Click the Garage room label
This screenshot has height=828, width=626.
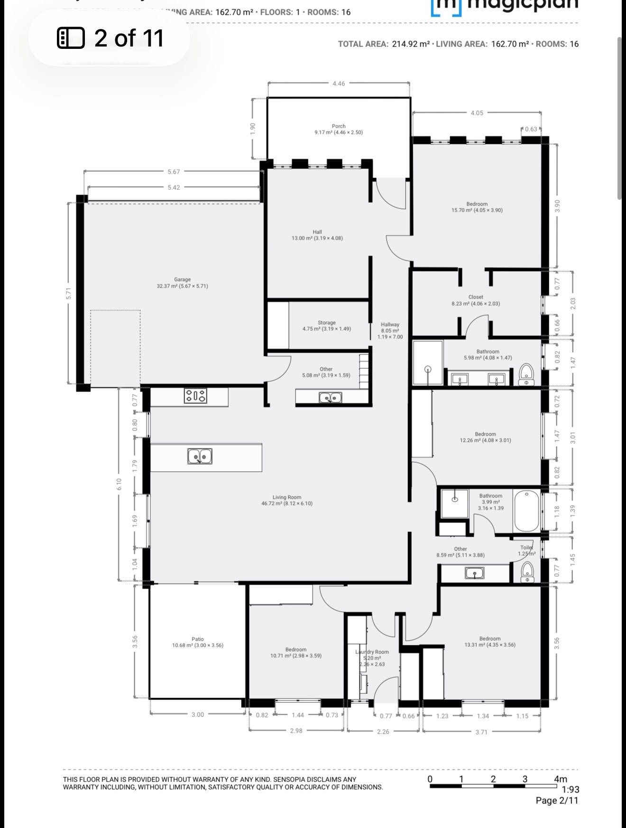click(182, 280)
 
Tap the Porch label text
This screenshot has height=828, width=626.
click(339, 126)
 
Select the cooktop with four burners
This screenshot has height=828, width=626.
click(195, 396)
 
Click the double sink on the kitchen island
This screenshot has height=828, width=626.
click(200, 456)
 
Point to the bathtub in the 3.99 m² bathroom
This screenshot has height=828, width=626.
click(526, 511)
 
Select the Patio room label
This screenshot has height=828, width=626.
click(197, 639)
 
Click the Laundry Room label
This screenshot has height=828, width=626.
click(372, 652)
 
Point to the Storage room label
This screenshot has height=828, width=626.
click(326, 323)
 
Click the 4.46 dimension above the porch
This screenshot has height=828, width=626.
click(339, 84)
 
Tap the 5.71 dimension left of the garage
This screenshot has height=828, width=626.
click(69, 294)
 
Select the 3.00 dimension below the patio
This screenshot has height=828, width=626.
click(197, 715)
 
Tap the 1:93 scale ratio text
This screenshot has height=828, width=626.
click(570, 790)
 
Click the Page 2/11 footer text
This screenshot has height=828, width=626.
click(557, 800)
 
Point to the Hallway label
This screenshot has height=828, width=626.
click(390, 325)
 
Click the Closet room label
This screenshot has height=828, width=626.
click(476, 297)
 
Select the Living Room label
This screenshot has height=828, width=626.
click(287, 497)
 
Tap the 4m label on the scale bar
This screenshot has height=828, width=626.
click(560, 779)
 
